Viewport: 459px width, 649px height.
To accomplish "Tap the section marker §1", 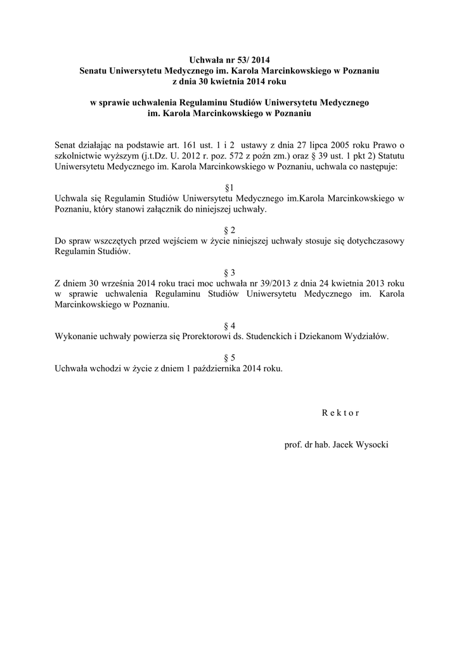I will tap(229, 188).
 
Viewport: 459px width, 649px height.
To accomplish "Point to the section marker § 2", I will tap(229, 230).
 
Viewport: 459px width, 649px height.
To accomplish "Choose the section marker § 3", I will tap(229, 272).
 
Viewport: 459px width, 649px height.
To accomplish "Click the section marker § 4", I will tap(229, 325).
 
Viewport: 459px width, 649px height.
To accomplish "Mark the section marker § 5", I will tap(229, 357).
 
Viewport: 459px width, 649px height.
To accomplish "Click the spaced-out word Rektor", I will tap(340, 413).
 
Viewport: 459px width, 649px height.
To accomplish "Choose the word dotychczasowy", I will tap(369, 241).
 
